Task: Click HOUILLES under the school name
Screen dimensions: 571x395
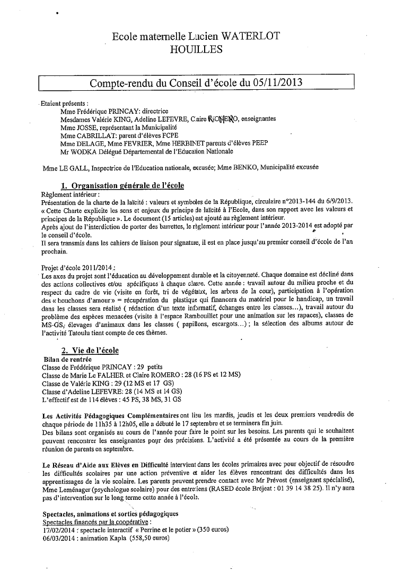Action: click(197, 49)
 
